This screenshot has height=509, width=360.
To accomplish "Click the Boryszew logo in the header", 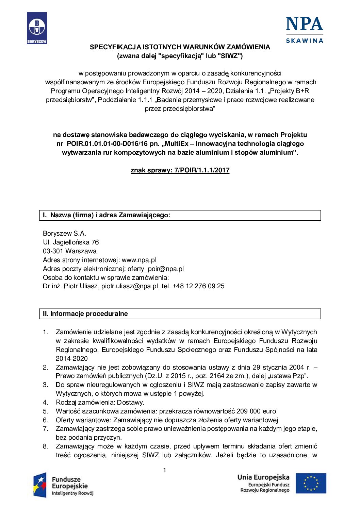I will pos(37,28).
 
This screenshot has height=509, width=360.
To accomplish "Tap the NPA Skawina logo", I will pos(304,30).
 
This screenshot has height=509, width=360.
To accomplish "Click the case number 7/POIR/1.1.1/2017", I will pos(202,170).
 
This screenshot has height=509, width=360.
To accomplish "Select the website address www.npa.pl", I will pos(139,260).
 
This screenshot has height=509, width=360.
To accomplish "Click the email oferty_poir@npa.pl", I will pos(156,269).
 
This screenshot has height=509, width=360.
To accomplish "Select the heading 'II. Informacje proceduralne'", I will pos(85,314).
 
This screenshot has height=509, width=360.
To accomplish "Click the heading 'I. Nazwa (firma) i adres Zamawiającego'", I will pos(106,215).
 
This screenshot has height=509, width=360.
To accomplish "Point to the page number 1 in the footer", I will pos(165,470).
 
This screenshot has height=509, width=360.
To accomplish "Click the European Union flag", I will pos(311,483).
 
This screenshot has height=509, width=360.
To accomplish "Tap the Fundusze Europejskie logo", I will pos(63,485).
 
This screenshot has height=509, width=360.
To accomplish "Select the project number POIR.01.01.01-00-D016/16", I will pos(107,144).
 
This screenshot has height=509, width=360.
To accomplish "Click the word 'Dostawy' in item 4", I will pos(130,403).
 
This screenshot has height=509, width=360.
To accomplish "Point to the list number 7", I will pos(46,429).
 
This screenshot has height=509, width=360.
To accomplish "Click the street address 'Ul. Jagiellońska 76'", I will pos(71,242).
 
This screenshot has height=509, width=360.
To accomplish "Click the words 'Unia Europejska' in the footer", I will pos(263,477).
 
